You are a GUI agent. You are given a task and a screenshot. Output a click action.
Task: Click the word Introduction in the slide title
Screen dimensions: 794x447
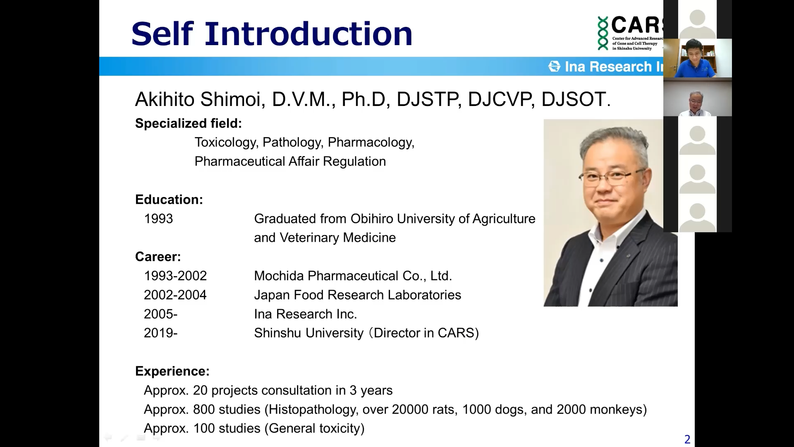[309, 34]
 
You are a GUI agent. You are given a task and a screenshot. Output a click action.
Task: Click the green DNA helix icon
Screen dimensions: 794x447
[603, 34]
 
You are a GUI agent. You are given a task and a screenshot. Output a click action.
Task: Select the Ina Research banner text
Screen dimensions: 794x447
[614, 67]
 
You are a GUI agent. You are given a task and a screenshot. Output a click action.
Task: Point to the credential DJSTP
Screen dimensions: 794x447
[428, 99]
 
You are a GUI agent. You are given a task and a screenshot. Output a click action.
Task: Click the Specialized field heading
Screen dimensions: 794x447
[189, 123]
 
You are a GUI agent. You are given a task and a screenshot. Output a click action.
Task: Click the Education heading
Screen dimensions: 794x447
[169, 199]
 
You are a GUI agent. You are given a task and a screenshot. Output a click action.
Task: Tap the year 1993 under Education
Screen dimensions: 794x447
[158, 219]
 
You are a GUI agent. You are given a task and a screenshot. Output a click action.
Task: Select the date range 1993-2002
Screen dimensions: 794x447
[175, 276]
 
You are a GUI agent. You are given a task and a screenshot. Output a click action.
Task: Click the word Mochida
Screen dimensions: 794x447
[279, 276]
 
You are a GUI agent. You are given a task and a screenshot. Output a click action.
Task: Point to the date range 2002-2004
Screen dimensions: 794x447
[175, 295]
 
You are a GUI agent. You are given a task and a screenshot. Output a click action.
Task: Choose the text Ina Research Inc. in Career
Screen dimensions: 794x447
[306, 314]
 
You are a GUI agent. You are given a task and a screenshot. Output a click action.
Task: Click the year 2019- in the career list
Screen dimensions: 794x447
[160, 333]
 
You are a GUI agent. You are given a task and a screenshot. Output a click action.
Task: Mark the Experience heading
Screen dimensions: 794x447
[172, 371]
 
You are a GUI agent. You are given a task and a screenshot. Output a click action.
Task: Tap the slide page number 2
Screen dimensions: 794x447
[687, 440]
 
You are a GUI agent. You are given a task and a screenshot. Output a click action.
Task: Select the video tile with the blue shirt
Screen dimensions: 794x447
[698, 58]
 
